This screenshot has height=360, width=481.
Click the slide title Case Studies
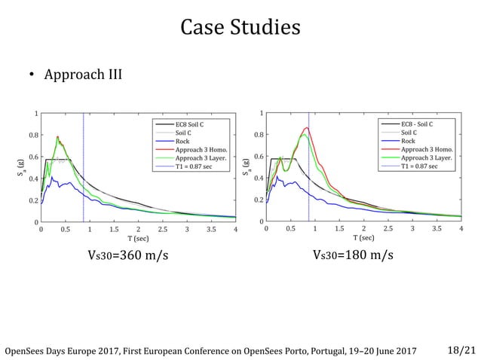click(x=240, y=28)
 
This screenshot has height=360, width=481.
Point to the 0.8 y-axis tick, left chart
click(x=33, y=136)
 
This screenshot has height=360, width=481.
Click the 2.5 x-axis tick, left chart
click(x=163, y=229)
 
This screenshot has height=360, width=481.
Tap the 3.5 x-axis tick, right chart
click(x=437, y=229)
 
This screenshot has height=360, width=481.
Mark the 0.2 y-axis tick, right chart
click(x=259, y=200)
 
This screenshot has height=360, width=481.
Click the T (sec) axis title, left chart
click(x=138, y=238)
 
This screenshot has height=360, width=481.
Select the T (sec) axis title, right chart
click(x=363, y=238)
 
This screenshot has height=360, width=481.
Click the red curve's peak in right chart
click(x=307, y=128)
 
